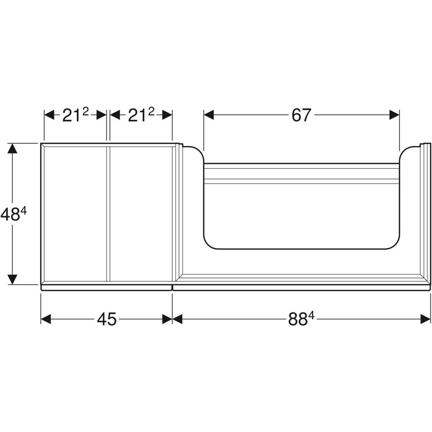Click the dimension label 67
tap(301, 115)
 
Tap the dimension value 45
tap(106, 319)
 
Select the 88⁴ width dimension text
tap(301, 319)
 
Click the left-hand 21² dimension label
tap(75, 115)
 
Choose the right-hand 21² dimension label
tap(141, 115)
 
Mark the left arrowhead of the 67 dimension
tap(208, 115)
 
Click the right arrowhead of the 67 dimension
tap(394, 115)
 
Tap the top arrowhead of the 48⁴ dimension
tap(13, 149)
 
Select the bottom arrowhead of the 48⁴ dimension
tap(13, 279)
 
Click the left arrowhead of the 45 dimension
tap(46, 319)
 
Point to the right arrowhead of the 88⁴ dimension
tap(426, 319)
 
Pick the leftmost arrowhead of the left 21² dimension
tap(49, 115)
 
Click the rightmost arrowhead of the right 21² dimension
tap(167, 115)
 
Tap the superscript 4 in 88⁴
tap(311, 315)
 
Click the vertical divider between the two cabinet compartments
tap(108, 213)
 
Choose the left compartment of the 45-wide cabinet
tap(75, 213)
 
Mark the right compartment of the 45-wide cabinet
tap(141, 213)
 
